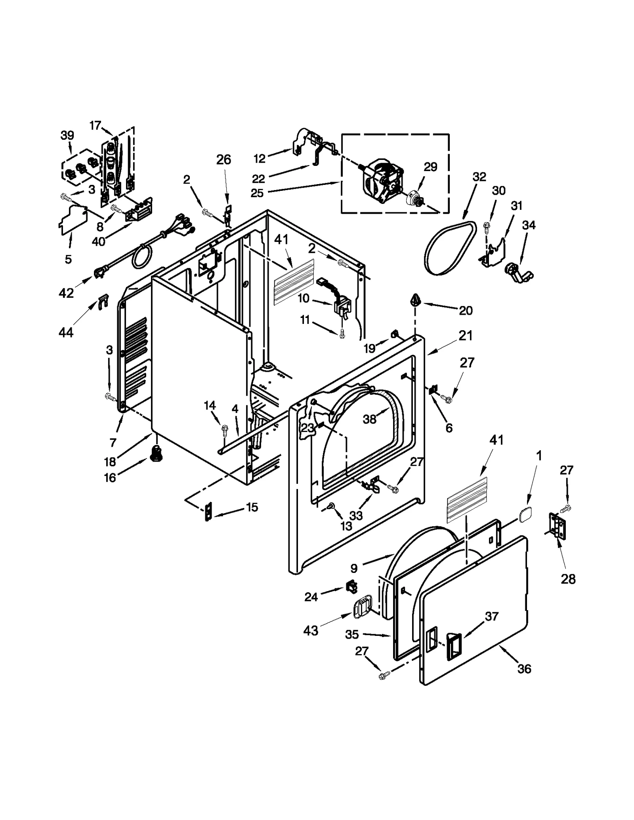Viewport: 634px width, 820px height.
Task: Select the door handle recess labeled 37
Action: click(x=454, y=644)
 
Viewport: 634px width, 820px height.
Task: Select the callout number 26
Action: click(x=223, y=160)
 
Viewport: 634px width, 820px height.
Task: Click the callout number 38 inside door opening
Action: click(x=369, y=419)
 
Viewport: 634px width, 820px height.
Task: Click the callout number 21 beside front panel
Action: click(x=466, y=335)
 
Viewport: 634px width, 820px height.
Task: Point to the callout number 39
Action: click(x=67, y=135)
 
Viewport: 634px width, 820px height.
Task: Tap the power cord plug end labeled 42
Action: click(x=99, y=272)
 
